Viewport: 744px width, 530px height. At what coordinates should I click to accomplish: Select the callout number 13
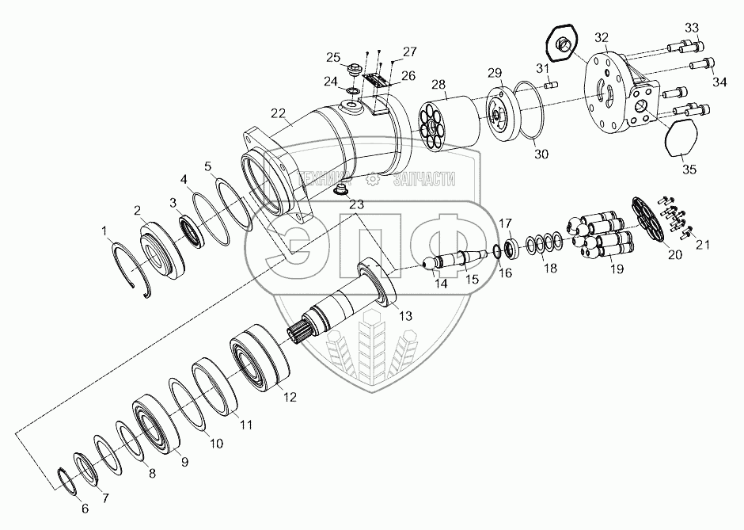405,315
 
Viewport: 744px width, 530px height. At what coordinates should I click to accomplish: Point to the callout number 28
438,84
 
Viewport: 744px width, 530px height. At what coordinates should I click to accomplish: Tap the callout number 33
692,29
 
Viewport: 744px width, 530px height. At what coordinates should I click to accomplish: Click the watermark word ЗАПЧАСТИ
426,182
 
